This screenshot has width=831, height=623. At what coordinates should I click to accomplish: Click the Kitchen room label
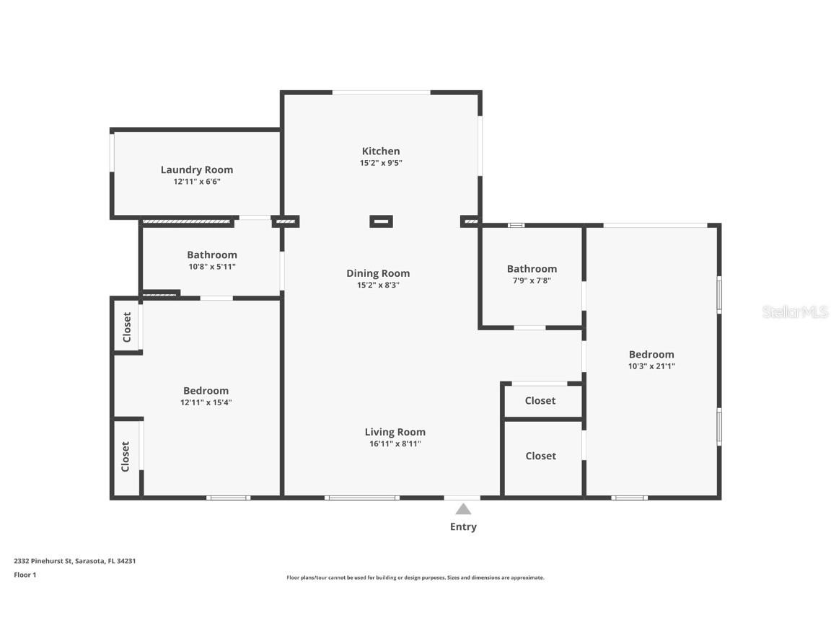[380, 151]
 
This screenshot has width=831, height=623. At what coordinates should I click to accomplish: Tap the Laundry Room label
[196, 169]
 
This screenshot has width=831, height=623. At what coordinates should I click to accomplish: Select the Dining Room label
[377, 273]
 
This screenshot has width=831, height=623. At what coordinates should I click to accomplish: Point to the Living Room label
[395, 432]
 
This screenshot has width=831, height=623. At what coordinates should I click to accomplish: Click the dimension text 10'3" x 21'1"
[651, 366]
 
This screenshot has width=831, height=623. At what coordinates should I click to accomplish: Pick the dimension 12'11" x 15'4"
[206, 402]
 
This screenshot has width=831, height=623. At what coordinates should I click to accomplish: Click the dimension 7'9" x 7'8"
[532, 280]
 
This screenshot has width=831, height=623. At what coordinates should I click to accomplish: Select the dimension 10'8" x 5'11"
[211, 267]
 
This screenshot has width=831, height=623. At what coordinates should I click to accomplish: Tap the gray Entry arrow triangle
[463, 509]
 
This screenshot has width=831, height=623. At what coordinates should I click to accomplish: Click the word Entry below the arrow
[463, 526]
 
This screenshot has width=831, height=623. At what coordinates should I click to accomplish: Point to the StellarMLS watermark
[794, 311]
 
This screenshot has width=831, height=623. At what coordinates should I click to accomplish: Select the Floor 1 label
[25, 575]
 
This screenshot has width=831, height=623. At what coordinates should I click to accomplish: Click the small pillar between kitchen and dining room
[381, 221]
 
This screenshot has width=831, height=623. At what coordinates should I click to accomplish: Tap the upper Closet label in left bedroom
[127, 327]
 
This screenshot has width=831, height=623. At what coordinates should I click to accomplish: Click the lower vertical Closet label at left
[126, 456]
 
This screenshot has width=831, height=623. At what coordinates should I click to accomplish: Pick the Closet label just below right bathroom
[540, 400]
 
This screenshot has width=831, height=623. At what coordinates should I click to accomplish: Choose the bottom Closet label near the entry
[540, 456]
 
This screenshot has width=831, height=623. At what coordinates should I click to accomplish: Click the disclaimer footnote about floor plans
[415, 578]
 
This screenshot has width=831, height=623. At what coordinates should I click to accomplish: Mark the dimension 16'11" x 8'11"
[395, 444]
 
